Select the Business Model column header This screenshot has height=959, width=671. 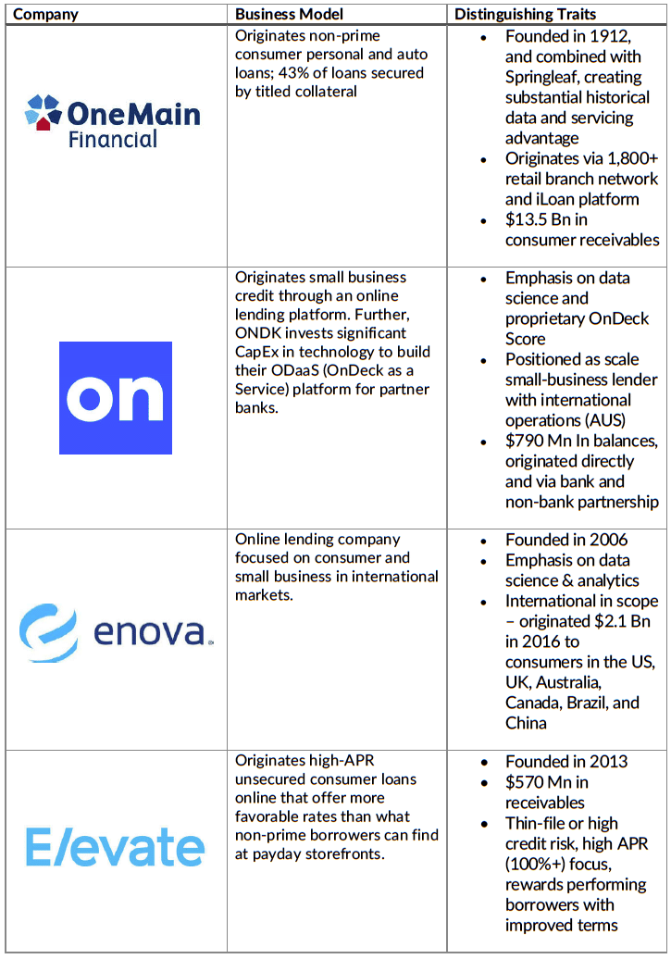289,14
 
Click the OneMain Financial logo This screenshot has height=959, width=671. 112,121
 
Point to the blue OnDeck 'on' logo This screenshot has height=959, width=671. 115,398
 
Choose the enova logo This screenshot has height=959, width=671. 116,634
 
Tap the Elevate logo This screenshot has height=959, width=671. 115,847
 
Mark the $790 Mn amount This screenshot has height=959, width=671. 539,441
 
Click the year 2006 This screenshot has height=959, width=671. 609,540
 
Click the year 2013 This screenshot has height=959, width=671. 609,762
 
